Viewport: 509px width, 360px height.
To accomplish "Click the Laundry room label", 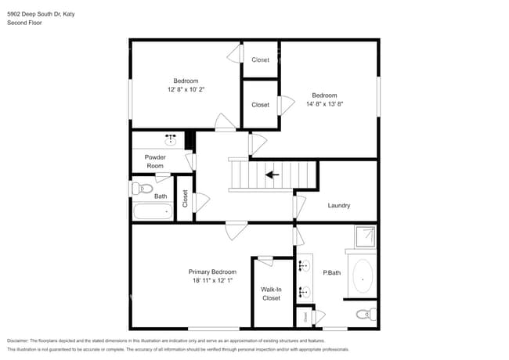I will click(338, 206).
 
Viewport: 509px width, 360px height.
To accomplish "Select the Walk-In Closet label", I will click(271, 293).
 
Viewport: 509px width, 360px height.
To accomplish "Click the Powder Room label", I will click(155, 161).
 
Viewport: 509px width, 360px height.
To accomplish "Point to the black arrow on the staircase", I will click(273, 175).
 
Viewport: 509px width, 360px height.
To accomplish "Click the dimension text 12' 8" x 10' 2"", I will click(186, 90).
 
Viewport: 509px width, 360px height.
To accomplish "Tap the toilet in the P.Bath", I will click(364, 315).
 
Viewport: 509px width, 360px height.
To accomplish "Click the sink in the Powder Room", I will click(170, 139).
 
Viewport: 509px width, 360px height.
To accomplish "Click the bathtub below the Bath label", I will click(153, 211).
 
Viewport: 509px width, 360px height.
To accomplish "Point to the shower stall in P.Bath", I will click(364, 236).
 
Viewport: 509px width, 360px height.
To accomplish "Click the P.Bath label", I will click(332, 272).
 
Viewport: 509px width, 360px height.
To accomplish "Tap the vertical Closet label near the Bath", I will click(185, 200).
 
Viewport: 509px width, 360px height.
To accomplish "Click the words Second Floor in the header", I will click(24, 23).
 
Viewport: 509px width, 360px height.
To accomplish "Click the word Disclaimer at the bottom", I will click(19, 341).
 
